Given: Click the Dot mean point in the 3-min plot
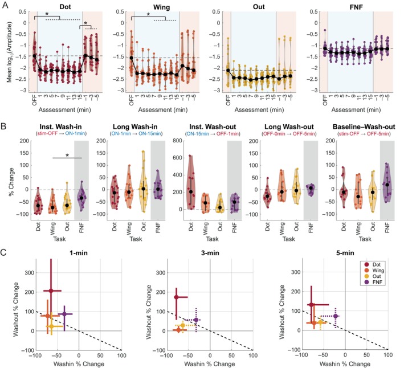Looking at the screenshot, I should point(176,297).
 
